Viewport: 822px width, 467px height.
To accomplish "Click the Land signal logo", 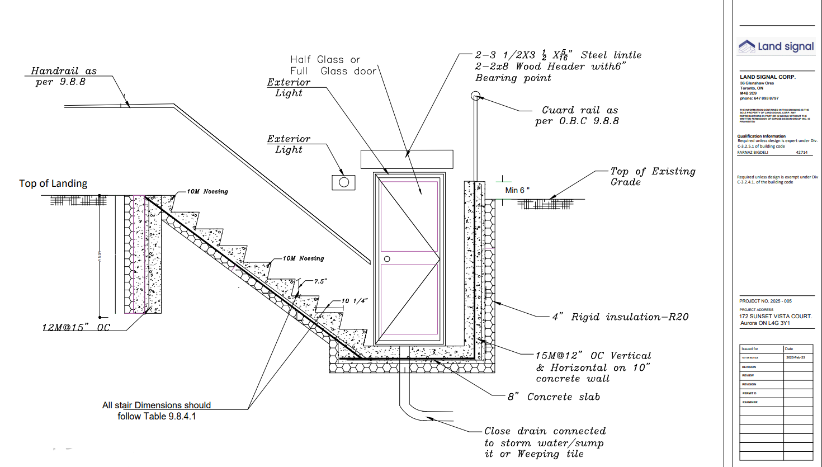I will coord(776,46).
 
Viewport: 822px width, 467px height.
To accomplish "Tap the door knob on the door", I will coord(387,259).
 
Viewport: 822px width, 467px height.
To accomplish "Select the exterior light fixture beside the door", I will coord(343,182).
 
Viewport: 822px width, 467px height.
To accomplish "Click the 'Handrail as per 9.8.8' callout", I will coord(63,77).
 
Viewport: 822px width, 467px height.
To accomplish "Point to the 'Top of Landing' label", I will coord(53,183).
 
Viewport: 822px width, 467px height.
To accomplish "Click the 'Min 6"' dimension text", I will coord(517,190).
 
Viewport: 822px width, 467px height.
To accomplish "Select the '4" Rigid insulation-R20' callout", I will coord(620,317).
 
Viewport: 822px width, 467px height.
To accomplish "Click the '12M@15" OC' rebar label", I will coord(77,327).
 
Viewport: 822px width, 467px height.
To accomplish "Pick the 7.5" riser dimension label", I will coord(320,281).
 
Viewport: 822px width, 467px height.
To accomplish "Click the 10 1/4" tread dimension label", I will coord(355,301).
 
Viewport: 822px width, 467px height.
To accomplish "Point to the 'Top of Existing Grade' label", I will coord(653,177).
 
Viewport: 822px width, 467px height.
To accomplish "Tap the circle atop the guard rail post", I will coord(475,96).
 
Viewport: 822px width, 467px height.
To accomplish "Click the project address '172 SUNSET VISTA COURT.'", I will coord(775,316).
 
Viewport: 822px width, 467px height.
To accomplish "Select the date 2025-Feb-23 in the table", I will coord(795,357).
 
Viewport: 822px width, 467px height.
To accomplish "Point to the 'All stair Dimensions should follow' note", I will coord(157,411).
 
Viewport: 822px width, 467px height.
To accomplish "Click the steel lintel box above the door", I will coord(407,159).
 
